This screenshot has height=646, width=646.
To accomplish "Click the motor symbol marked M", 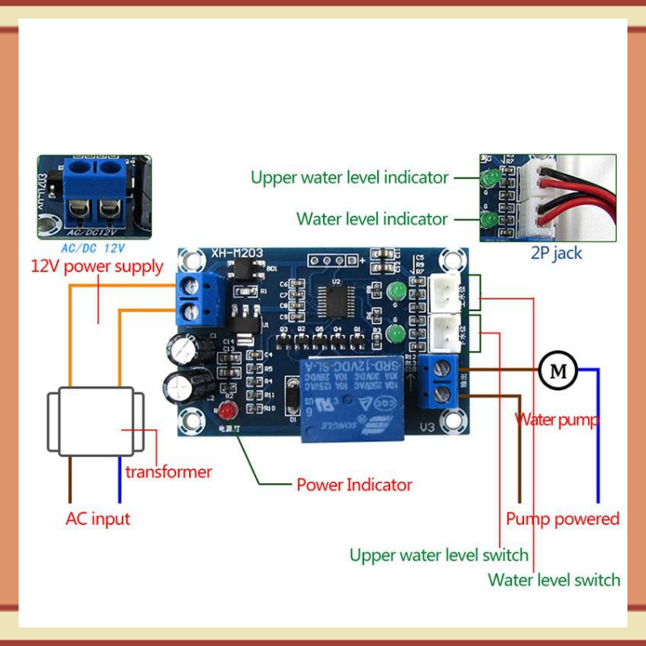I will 558,371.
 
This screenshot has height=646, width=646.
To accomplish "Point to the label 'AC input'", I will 97,518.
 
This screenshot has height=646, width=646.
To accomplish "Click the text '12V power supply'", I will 97,266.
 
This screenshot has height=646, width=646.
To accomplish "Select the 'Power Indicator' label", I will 354,484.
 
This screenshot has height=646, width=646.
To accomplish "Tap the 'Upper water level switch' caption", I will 438,555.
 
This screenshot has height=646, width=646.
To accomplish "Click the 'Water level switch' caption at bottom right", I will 554,580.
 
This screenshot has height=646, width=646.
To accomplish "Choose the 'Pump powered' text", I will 562,518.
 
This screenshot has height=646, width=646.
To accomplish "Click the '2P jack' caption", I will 556,253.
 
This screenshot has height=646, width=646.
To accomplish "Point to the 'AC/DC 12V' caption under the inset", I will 94,249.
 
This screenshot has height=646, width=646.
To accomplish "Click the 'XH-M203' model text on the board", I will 237,254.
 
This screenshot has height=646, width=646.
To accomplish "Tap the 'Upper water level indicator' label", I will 349,177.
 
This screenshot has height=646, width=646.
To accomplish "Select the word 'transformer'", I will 168,472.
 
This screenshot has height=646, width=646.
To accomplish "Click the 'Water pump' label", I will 557,420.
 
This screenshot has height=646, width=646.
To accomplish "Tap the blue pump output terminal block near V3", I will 440,381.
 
